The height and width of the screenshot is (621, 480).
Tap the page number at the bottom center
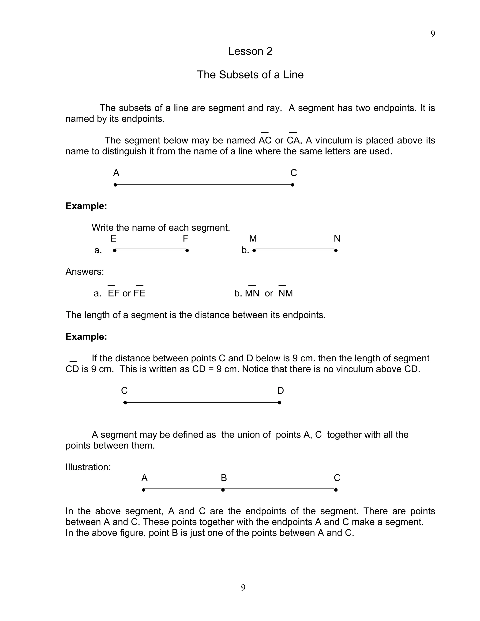coord(243,587)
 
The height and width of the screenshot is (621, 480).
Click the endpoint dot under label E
coord(115,251)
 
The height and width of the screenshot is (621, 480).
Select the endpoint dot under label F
coord(187,251)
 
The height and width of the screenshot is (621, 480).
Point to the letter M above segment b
coord(253,238)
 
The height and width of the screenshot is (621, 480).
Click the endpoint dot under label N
coord(336,251)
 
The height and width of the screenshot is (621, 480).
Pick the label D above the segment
coord(280,391)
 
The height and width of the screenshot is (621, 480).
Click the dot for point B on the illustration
coord(223,490)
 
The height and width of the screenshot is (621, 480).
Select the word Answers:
coord(85,272)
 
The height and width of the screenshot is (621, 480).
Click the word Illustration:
coord(88,467)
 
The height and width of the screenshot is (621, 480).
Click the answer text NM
coord(285,293)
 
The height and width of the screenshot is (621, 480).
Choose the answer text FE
coord(139,293)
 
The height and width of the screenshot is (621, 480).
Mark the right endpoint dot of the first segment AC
coord(292,185)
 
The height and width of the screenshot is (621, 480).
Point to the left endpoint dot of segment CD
coord(125,403)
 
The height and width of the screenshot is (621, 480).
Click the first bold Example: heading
coord(86,206)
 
